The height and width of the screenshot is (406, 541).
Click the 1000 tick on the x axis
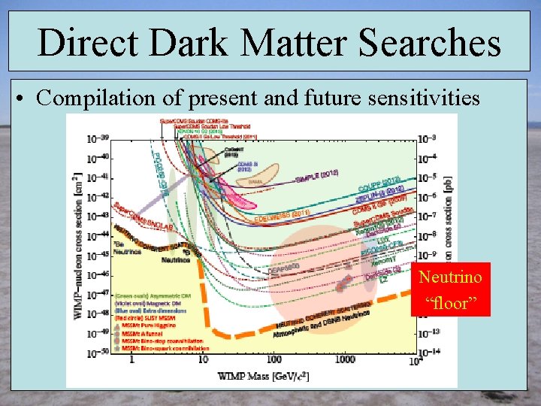[345, 359]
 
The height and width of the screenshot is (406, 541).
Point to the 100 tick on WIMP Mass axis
[273, 359]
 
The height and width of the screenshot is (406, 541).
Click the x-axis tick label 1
[132, 359]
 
